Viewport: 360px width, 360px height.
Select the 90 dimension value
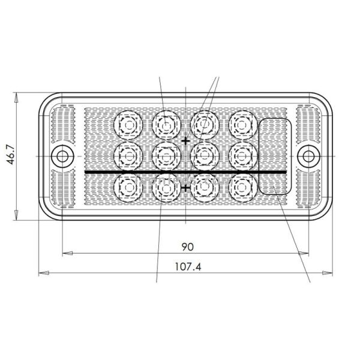[187, 247]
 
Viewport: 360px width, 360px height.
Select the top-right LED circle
[242, 124]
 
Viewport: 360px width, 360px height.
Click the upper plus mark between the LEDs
[186, 140]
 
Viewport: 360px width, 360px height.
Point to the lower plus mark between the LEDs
[186, 188]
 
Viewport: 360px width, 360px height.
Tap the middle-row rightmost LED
[242, 156]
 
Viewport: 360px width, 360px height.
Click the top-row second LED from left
[166, 124]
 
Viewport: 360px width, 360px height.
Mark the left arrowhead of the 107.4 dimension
[43, 274]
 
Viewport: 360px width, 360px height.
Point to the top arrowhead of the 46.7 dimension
[17, 97]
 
